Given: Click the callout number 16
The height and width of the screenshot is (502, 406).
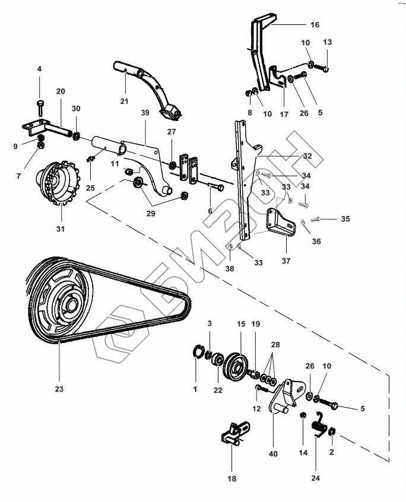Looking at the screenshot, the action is point(315,25).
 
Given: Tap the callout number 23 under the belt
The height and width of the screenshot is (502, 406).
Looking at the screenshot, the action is point(59,389).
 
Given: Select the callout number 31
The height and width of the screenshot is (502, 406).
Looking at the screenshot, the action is point(60,229).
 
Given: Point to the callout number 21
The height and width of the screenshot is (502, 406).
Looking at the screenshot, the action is point(124,101).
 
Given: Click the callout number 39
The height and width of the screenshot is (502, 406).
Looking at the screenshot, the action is point(145,113).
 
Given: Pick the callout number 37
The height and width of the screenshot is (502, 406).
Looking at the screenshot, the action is point(286,261).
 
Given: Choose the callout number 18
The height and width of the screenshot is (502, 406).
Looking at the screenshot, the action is point(232,479).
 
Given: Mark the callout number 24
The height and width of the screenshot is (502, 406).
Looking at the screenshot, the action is point(315,478).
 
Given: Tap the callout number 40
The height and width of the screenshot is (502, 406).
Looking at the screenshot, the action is point(273,454).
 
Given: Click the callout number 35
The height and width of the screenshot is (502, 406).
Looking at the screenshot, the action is point(345,219).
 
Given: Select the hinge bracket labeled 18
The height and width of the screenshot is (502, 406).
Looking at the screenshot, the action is point(235,433).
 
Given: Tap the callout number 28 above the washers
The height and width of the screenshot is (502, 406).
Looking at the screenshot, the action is point(275,345).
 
